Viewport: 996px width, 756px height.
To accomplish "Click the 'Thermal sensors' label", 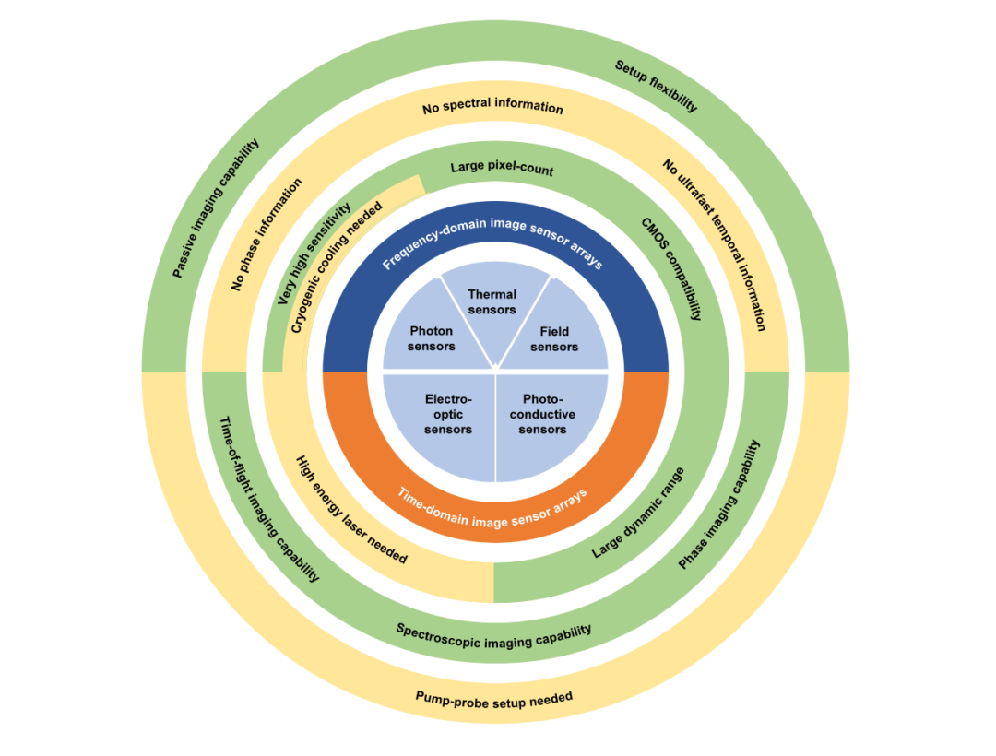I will (492, 302).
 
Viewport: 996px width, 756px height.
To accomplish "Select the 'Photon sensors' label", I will (432, 338).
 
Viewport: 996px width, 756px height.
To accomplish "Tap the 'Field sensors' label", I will (554, 339).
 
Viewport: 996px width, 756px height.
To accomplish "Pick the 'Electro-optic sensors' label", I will (448, 415).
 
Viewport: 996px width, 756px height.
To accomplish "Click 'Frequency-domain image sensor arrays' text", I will (492, 237).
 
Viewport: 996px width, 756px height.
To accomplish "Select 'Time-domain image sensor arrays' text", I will (492, 508).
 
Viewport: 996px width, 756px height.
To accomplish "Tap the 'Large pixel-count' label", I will (502, 169).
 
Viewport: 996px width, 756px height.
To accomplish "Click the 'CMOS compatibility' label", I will (671, 268).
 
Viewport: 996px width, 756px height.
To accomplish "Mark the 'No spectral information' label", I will (492, 107).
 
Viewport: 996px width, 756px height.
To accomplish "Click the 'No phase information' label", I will (267, 235).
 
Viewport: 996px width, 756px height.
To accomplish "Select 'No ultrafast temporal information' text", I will (714, 244).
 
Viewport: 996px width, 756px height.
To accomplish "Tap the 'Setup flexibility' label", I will (656, 86).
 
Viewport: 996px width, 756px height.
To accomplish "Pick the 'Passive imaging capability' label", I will (216, 208).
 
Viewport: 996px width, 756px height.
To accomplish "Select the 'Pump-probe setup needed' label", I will (494, 699).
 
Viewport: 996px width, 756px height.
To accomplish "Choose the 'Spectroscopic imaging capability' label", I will (494, 635).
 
